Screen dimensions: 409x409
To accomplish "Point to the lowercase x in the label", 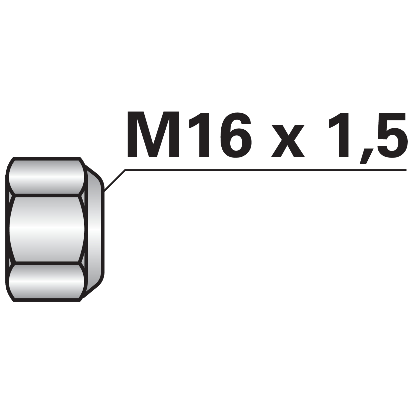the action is pyautogui.click(x=288, y=140).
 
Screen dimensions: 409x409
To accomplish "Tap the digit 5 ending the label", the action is pyautogui.click(x=390, y=135).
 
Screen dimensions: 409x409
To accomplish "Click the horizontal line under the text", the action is pyautogui.click(x=266, y=170).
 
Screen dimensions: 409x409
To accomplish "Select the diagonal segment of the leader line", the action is pyautogui.click(x=115, y=180).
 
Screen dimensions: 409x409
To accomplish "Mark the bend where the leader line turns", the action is pyautogui.click(x=125, y=170).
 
